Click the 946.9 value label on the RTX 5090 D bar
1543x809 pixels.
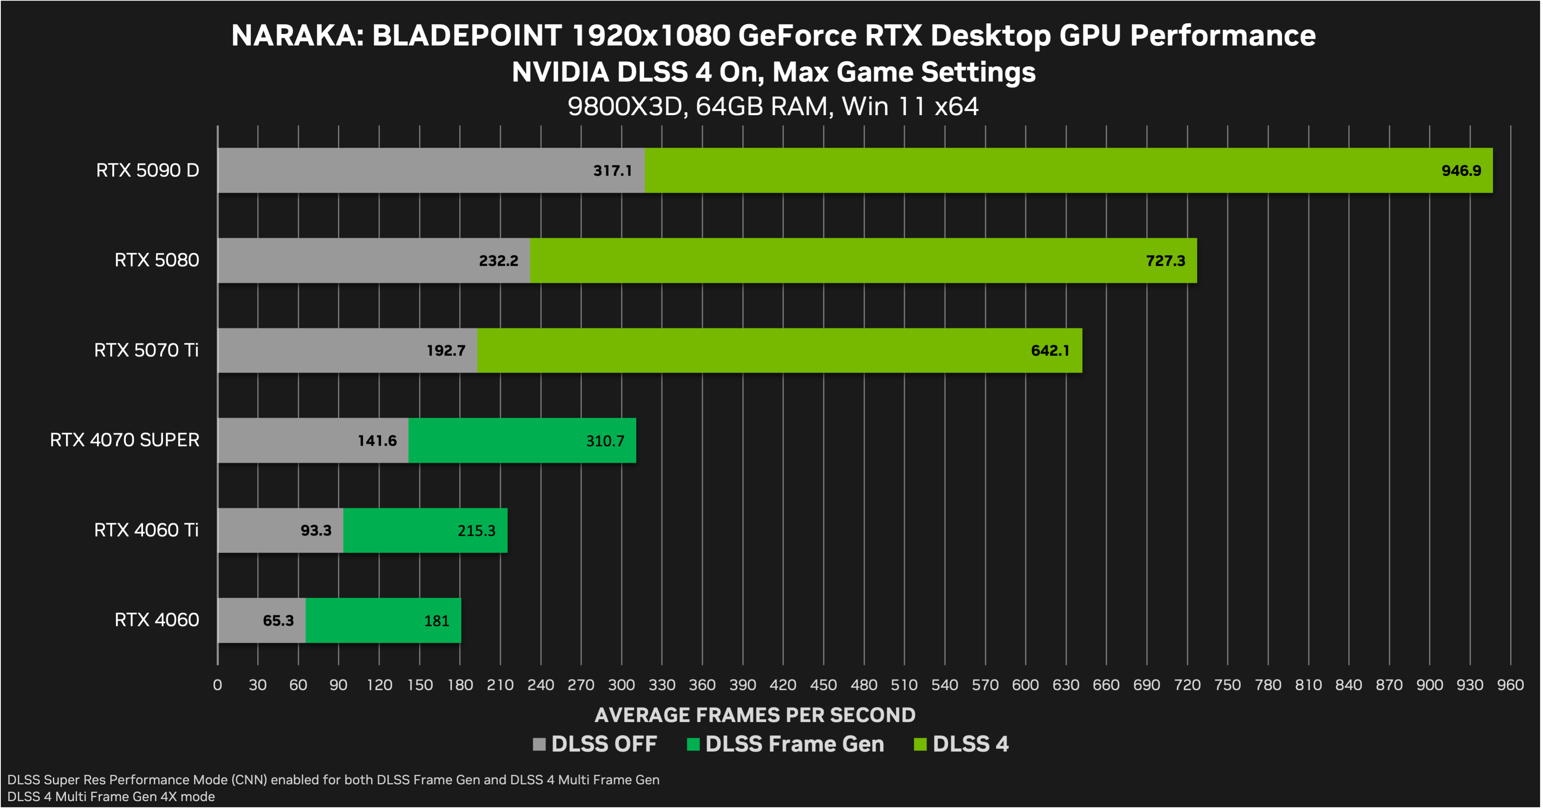pos(1461,171)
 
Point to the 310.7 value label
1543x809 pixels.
pos(605,441)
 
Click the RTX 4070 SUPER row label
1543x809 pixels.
pos(125,440)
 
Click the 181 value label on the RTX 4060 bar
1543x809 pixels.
pos(437,621)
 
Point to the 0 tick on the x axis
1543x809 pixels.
pos(218,685)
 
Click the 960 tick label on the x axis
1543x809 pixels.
pos(1510,685)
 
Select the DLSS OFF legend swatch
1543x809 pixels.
pos(539,744)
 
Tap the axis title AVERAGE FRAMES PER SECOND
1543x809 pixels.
pos(755,715)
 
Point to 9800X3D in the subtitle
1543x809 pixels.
pos(625,107)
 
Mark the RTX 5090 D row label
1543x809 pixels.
pos(147,171)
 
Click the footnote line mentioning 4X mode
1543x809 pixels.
pos(111,796)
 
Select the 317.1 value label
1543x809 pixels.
pos(612,171)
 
